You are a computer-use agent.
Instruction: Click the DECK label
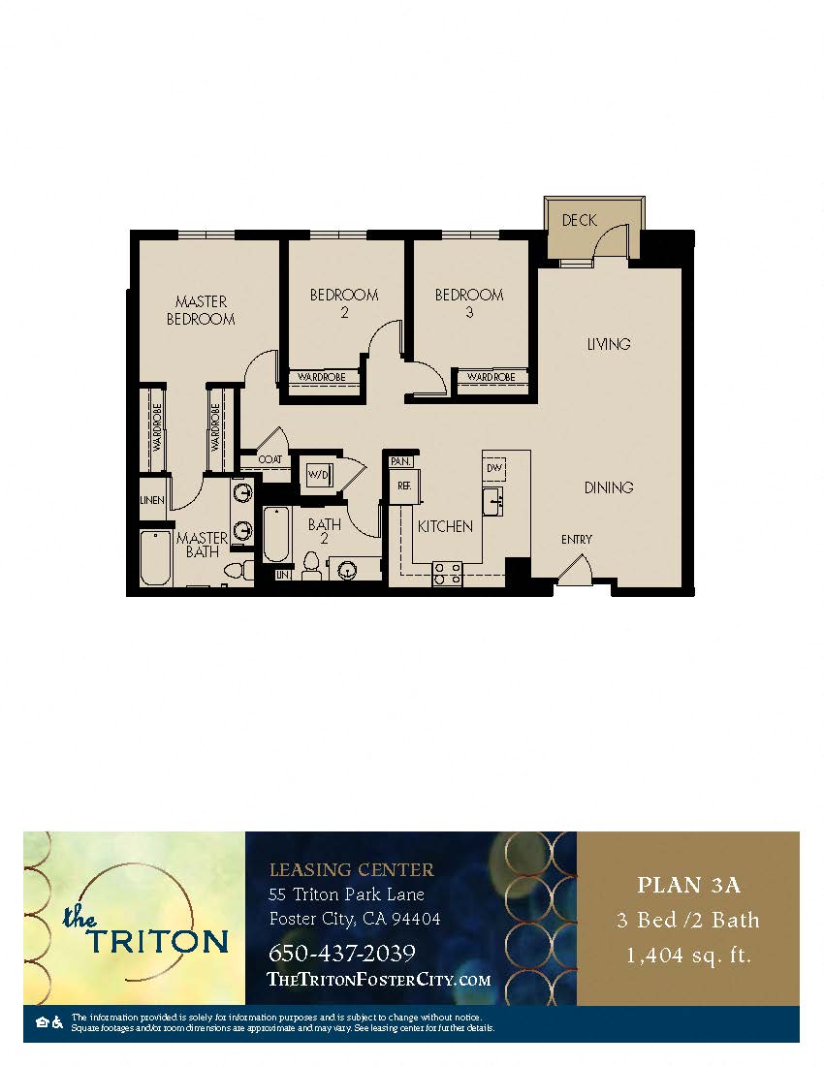click(579, 221)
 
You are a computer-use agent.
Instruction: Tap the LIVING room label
click(608, 344)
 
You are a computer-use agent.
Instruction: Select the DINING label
click(608, 487)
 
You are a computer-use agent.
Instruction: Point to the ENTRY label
click(577, 540)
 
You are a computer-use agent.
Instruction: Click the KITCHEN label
click(445, 526)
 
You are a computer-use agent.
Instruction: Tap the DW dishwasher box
click(494, 468)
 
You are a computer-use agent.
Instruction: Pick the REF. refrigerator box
click(402, 487)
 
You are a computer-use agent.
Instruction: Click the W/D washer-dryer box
click(318, 475)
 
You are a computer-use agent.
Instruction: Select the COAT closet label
click(269, 459)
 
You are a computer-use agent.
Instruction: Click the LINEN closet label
click(152, 501)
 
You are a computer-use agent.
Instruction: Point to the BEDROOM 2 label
click(344, 303)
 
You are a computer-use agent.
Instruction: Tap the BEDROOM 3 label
click(469, 303)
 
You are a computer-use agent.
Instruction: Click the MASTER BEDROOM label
click(201, 310)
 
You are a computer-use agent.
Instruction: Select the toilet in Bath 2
click(311, 564)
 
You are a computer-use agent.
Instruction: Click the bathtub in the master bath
click(155, 558)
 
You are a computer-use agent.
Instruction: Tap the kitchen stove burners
click(447, 574)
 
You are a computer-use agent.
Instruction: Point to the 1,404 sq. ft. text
click(688, 956)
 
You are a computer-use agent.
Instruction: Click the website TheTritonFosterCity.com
click(378, 980)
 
